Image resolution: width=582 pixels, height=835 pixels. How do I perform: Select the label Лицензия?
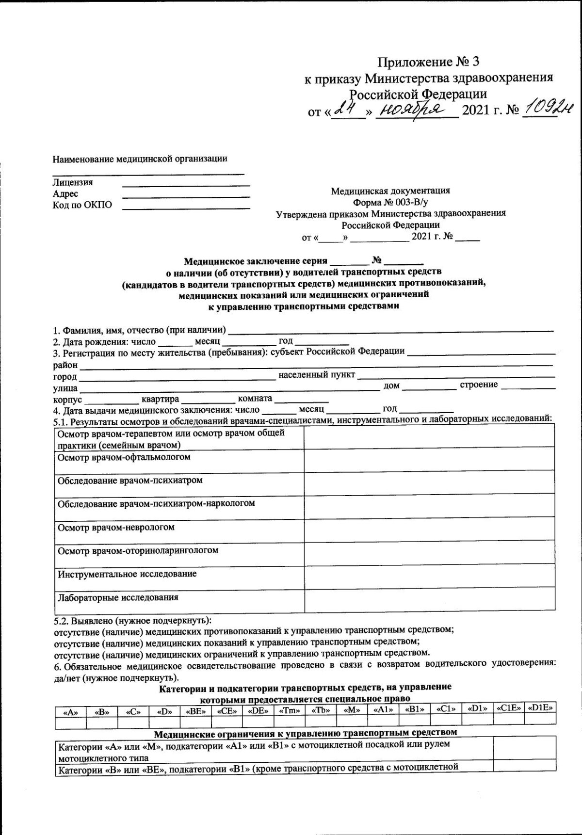tap(73, 183)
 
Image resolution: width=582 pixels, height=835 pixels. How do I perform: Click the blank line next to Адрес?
tap(186, 196)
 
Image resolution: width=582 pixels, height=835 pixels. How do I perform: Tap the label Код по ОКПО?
tap(82, 205)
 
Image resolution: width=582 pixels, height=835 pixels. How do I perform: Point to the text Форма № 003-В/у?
tap(390, 202)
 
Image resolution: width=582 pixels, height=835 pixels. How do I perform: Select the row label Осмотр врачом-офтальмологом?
tap(124, 457)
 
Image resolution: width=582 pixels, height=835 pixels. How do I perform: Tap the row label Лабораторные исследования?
tap(118, 597)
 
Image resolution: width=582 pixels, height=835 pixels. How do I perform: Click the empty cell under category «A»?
tap(71, 723)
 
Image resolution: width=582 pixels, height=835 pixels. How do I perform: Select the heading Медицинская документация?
tap(390, 191)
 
